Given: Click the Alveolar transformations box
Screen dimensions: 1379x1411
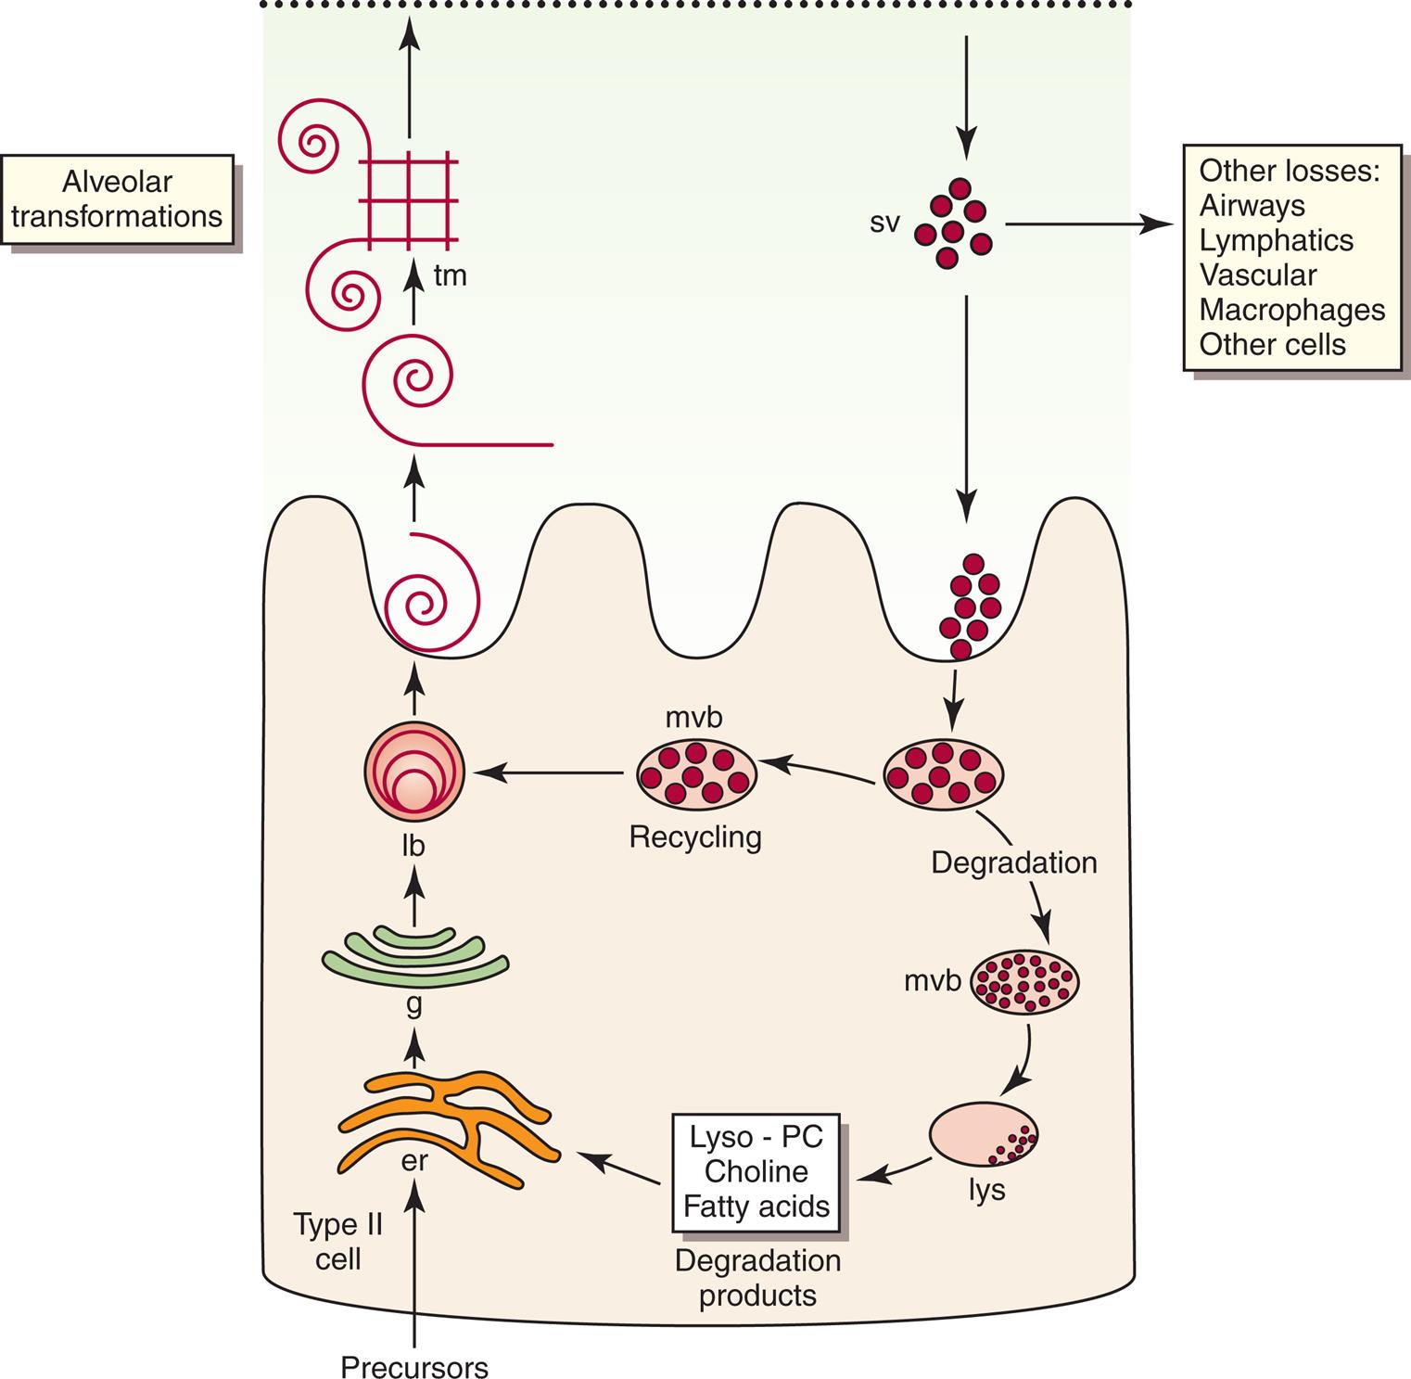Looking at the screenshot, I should coord(117,198).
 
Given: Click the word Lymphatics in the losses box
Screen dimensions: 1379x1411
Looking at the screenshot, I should coord(1276,240).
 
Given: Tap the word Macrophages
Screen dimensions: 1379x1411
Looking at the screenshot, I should coord(1291,310).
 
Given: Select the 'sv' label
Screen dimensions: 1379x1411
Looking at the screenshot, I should coord(885,223).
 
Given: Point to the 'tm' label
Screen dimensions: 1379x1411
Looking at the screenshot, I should coord(450,275).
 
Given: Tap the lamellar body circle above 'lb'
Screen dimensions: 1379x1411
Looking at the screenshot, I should coord(413,771).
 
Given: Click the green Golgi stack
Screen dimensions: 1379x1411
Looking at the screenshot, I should coord(414,955).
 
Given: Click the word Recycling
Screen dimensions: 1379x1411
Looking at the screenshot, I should coord(695,836).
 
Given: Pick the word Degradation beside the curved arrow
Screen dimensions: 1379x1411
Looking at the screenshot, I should coord(1013,862).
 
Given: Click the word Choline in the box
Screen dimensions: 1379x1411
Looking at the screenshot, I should coord(756,1171).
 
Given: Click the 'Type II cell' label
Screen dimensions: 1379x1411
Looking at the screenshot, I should coord(338,1242).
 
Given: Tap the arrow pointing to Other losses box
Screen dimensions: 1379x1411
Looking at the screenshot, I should coord(1085,223).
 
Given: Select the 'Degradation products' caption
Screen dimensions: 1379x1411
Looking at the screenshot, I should coord(757,1277).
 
